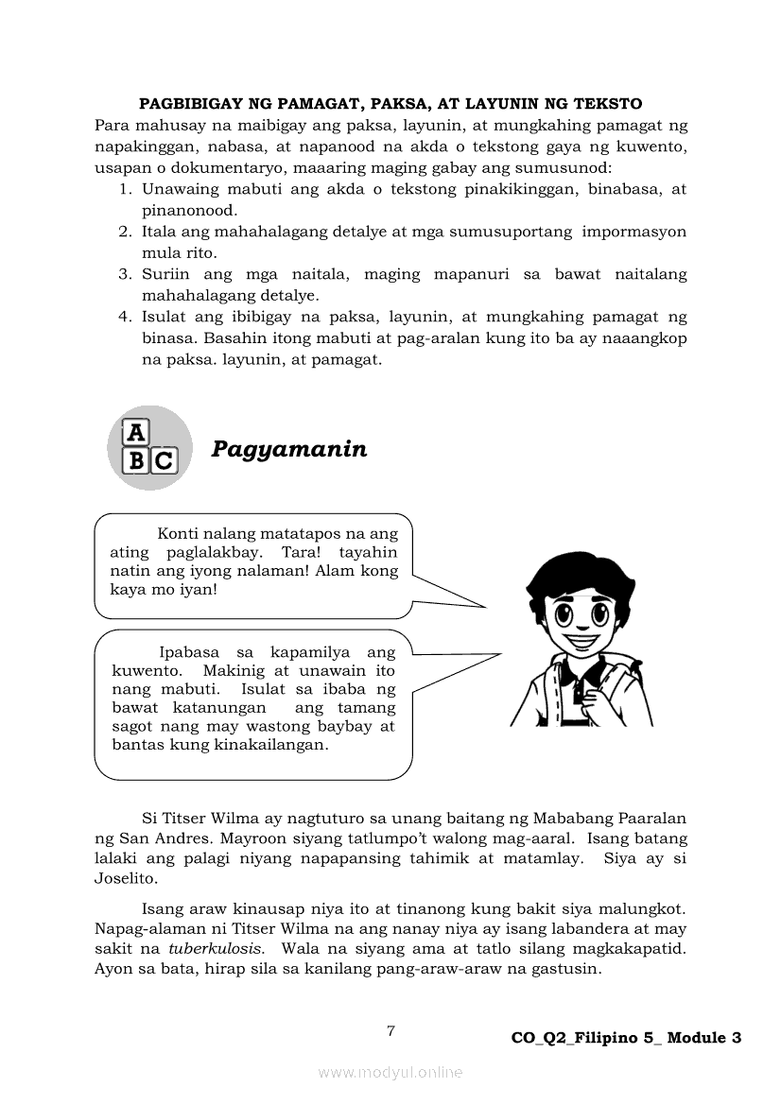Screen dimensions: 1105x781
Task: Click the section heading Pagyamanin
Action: pos(288,449)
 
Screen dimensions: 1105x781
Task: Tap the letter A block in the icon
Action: pos(137,433)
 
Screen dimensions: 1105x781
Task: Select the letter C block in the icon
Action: pos(164,461)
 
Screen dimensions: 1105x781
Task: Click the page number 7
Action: pos(390,1030)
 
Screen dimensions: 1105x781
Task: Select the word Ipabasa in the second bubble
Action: pos(189,652)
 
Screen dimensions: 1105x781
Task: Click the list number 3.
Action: pos(124,274)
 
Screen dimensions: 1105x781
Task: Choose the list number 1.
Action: pos(124,189)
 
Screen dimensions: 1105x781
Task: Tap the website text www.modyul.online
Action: pos(390,1072)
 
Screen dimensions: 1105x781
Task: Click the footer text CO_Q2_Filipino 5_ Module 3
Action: pos(626,1038)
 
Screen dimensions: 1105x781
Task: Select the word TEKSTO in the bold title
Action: pos(607,104)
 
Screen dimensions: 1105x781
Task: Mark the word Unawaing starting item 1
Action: pos(178,189)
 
